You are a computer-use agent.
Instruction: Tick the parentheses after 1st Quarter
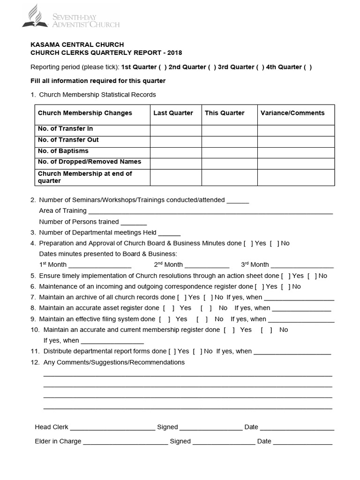(x=162, y=67)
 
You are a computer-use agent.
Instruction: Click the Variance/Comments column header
(x=292, y=113)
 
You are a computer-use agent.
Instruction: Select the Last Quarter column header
(x=173, y=113)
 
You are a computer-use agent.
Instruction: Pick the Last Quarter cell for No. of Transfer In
(x=176, y=130)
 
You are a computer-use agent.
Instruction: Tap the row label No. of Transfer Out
(x=68, y=140)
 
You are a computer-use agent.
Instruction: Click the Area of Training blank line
(x=210, y=211)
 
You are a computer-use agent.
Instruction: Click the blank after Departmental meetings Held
(x=169, y=233)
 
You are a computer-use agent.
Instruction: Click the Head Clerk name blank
(x=112, y=428)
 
